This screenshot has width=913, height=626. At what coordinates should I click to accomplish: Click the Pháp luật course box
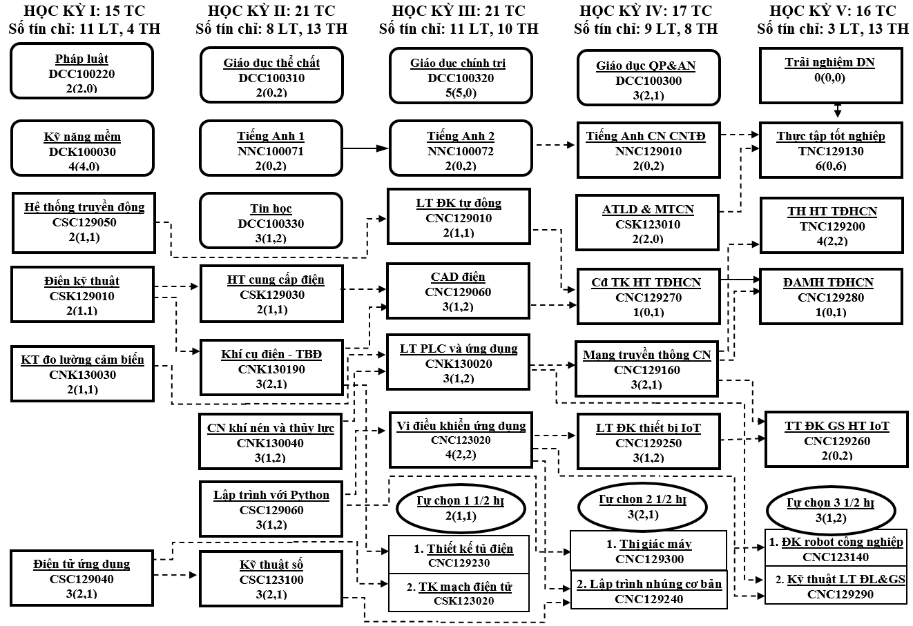click(81, 72)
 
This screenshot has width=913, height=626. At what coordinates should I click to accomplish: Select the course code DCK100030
click(82, 152)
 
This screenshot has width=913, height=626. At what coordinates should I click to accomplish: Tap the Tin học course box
click(271, 220)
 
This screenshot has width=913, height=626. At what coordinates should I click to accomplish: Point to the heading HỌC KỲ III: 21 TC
click(458, 11)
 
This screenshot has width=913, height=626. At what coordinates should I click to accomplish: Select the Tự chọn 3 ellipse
click(831, 509)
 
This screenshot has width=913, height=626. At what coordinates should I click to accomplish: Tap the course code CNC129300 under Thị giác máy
click(649, 558)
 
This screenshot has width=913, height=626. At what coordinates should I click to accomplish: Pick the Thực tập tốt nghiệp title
click(829, 136)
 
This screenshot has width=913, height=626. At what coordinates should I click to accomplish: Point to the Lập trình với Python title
click(271, 495)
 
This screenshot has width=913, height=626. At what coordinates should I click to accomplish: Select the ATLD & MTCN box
click(647, 222)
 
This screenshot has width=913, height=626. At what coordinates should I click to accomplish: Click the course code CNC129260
click(836, 441)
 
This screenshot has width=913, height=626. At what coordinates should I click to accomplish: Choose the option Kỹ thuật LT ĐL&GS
click(845, 579)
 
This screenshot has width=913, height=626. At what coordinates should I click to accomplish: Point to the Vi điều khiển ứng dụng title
click(461, 425)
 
